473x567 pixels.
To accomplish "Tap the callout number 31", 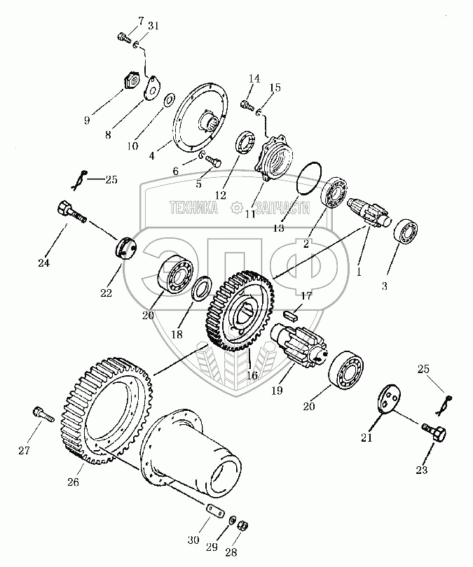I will (x=153, y=26).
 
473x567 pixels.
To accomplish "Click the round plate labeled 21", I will (x=386, y=402).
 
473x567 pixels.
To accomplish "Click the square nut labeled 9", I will (x=130, y=82).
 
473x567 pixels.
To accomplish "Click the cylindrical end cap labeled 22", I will (x=125, y=248).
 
